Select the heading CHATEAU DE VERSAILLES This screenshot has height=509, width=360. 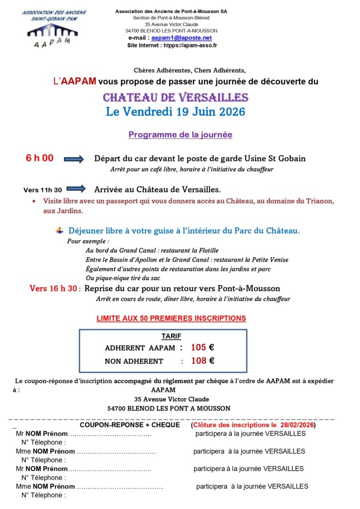point(176,97)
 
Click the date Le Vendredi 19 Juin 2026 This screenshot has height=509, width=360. point(176,112)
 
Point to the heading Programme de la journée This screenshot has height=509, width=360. point(180,135)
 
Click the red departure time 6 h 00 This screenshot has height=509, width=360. point(39,159)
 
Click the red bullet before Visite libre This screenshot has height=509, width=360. point(33,201)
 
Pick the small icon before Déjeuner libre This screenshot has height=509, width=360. point(60,230)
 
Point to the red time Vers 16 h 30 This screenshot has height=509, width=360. point(53,288)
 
